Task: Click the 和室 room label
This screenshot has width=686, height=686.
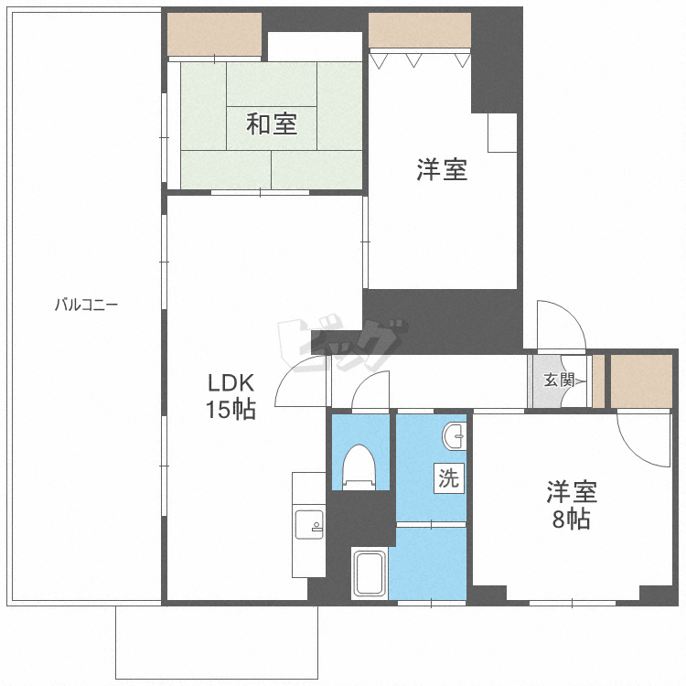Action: pos(271,123)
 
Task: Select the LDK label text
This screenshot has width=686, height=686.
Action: pos(229,382)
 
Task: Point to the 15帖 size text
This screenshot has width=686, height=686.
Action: pos(229,410)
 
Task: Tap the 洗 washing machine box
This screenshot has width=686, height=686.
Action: pos(448,477)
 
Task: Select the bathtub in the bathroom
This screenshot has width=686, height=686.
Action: pos(370,574)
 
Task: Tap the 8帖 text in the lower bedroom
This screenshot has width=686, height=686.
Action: pos(572,520)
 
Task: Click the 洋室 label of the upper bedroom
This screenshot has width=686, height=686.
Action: pos(443,169)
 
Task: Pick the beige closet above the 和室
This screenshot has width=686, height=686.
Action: pos(215,35)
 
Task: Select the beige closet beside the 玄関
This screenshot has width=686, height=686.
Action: pos(641,379)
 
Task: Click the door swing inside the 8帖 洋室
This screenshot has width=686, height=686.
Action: pos(641,437)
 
